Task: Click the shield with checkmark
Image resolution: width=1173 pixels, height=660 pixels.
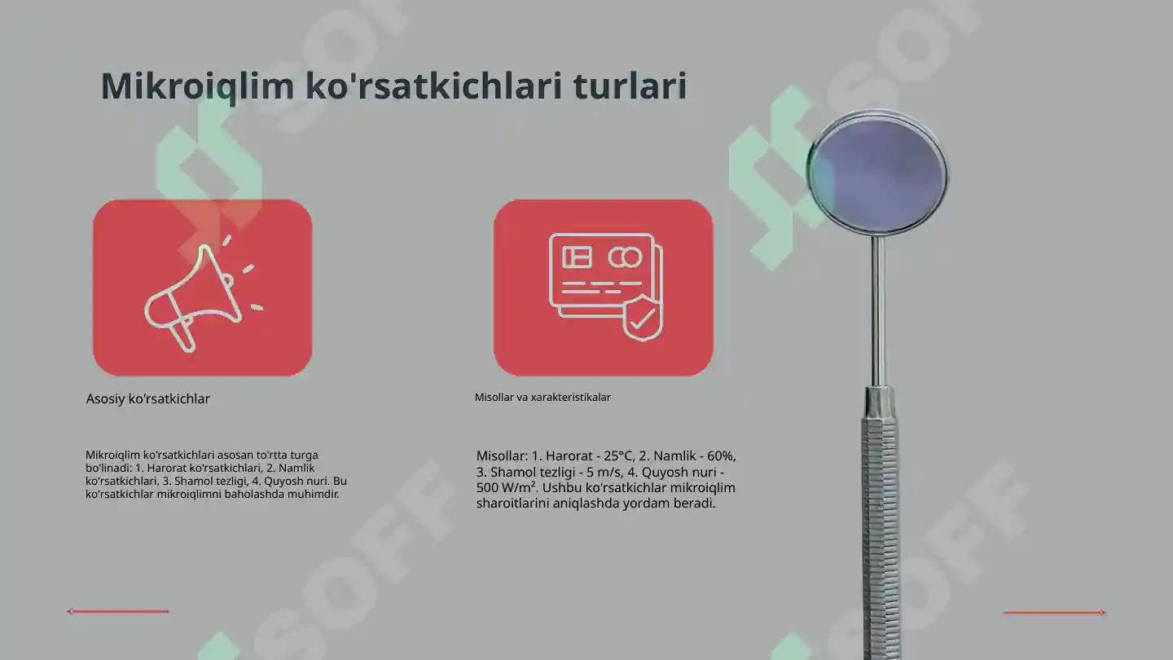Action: pos(643,318)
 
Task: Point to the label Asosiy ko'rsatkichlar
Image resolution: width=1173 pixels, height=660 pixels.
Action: pos(148,399)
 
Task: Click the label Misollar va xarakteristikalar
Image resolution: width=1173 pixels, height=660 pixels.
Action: pos(543,398)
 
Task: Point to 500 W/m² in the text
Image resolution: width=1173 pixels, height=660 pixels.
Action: pos(505,488)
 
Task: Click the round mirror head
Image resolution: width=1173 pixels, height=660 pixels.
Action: pos(878,174)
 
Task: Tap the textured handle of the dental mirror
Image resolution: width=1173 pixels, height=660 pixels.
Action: pos(879,521)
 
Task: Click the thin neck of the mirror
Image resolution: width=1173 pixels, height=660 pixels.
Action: pos(878,310)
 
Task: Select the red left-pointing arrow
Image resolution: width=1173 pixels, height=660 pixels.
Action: pos(117,611)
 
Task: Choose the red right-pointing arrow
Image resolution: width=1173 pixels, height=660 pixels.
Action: pos(1055,613)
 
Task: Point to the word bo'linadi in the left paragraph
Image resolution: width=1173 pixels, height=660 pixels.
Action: pos(108,468)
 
